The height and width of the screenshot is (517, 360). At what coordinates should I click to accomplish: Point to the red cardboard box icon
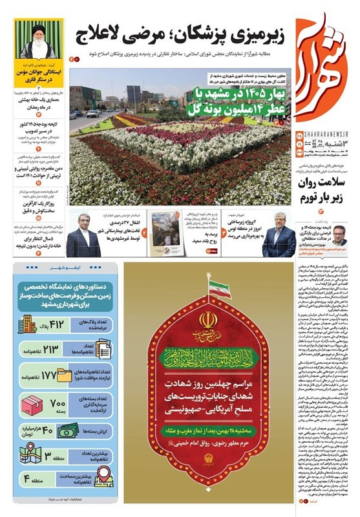pyautogui.click(x=32, y=406)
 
